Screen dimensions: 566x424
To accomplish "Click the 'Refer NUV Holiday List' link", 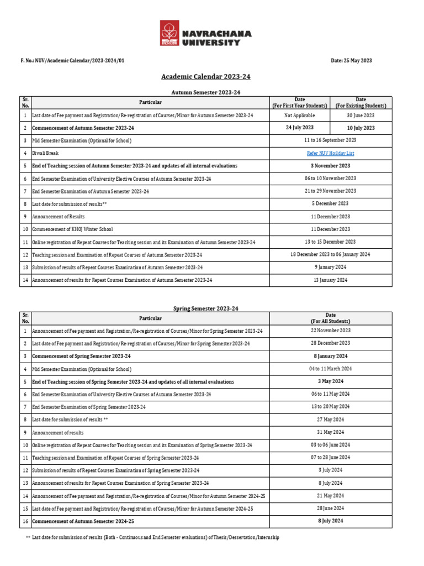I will coord(330,153).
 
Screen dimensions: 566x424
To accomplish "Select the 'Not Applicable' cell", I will coord(299,116).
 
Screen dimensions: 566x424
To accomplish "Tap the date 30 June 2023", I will coord(361,116).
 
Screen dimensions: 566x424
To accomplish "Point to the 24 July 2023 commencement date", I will coord(299,128).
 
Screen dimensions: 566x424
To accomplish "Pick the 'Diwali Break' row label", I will coord(45,153).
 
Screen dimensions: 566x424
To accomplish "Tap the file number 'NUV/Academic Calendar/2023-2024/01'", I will coord(77,60).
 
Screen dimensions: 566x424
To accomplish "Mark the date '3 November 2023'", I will coord(330,166).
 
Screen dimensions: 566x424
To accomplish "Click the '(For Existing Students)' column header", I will coord(361,105).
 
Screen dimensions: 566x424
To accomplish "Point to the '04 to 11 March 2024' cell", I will coord(330,369).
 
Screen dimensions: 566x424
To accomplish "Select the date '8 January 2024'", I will coord(330,356).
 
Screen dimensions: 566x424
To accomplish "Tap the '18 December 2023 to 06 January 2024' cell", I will coord(330,254).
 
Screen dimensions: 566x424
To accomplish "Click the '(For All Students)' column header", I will coord(330,321).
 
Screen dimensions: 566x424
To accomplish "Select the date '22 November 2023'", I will coord(330,331).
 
